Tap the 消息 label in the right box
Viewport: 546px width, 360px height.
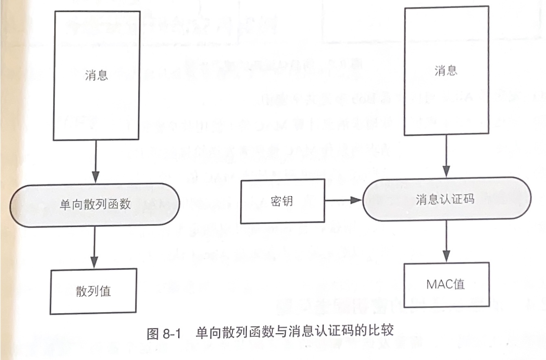(x=446, y=71)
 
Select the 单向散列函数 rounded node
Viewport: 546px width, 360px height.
(x=95, y=204)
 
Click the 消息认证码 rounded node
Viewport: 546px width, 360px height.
(x=447, y=199)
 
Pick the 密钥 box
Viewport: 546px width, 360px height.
(x=282, y=201)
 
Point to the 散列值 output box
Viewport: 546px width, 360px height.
(x=93, y=291)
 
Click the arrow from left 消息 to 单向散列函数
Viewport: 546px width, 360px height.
(x=95, y=161)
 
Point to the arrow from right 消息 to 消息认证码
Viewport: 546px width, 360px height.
(x=447, y=157)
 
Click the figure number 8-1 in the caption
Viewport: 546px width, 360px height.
(x=171, y=334)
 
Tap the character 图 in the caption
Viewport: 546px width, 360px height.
(x=152, y=334)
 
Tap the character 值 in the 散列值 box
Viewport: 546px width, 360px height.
(x=105, y=291)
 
